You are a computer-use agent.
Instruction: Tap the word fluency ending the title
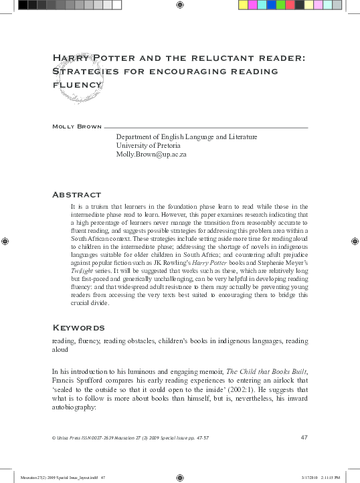point(77,85)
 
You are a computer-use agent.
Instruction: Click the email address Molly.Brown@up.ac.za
point(151,154)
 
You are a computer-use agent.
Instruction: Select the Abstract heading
point(76,195)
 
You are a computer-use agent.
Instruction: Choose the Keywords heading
point(78,328)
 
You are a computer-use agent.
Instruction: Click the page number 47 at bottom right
point(304,438)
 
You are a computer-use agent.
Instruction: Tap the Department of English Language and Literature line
point(187,136)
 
